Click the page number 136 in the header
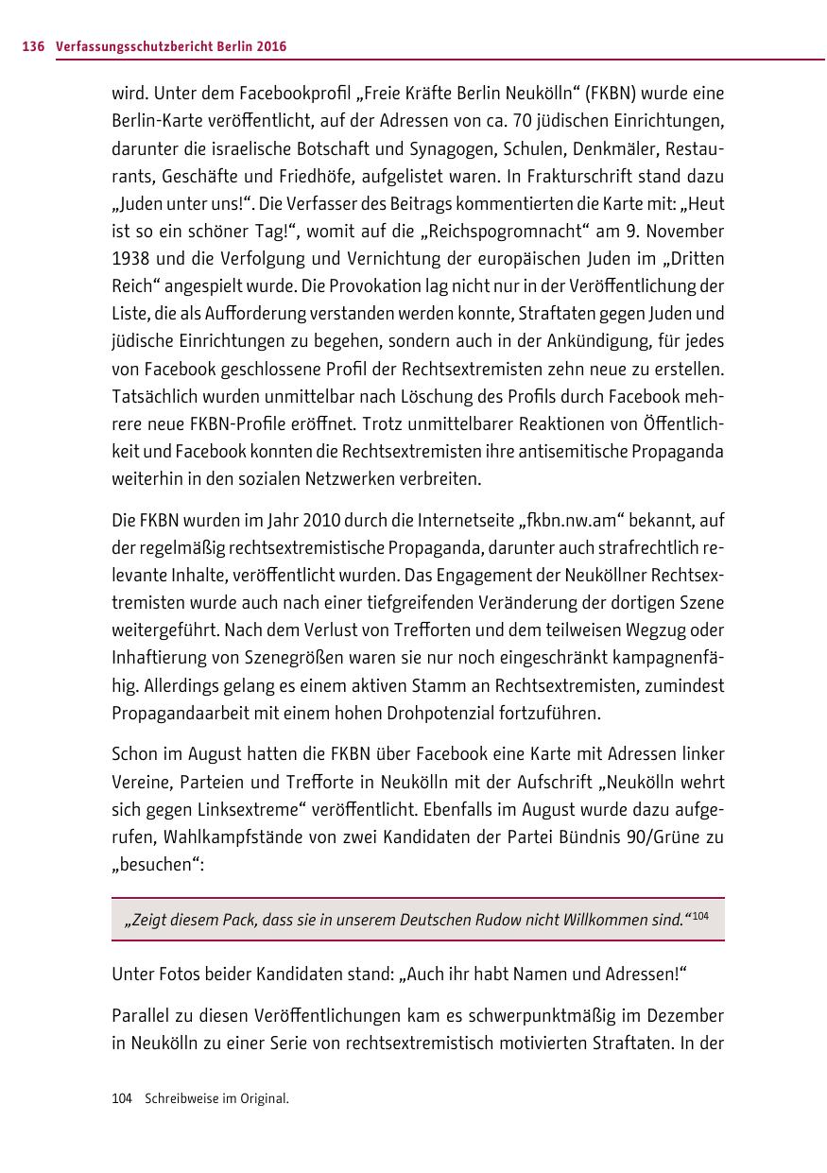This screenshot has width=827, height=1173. (x=33, y=46)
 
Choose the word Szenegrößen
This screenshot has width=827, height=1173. (x=327, y=657)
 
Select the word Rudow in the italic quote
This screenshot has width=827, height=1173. (x=497, y=920)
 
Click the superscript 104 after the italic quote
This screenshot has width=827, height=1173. (x=701, y=916)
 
